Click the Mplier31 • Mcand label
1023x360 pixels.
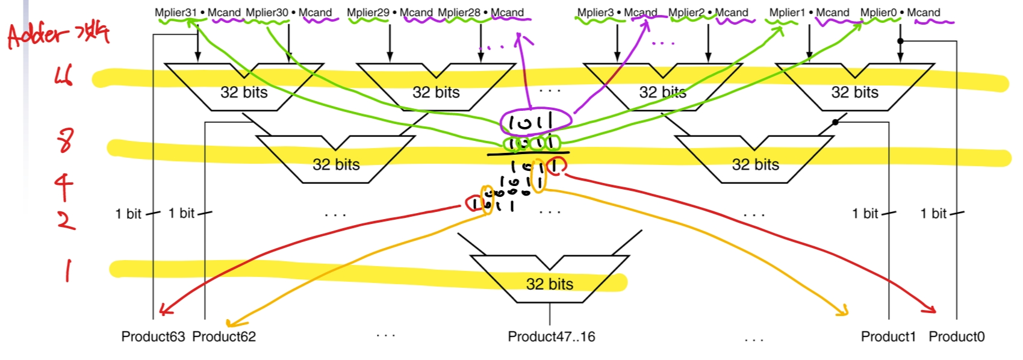pos(197,13)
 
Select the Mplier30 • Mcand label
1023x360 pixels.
pos(289,13)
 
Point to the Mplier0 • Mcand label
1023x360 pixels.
pos(900,13)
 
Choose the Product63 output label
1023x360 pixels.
pos(153,337)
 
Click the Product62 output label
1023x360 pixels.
pos(224,337)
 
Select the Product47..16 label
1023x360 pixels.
pos(551,337)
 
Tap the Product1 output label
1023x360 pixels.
pos(888,337)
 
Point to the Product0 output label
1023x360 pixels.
pos(956,337)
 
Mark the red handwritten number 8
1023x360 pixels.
pos(65,140)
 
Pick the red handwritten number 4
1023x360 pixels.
pos(64,186)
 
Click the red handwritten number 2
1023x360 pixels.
pos(66,220)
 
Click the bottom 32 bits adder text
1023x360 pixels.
pos(549,284)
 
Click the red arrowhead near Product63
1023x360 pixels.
pos(164,311)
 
